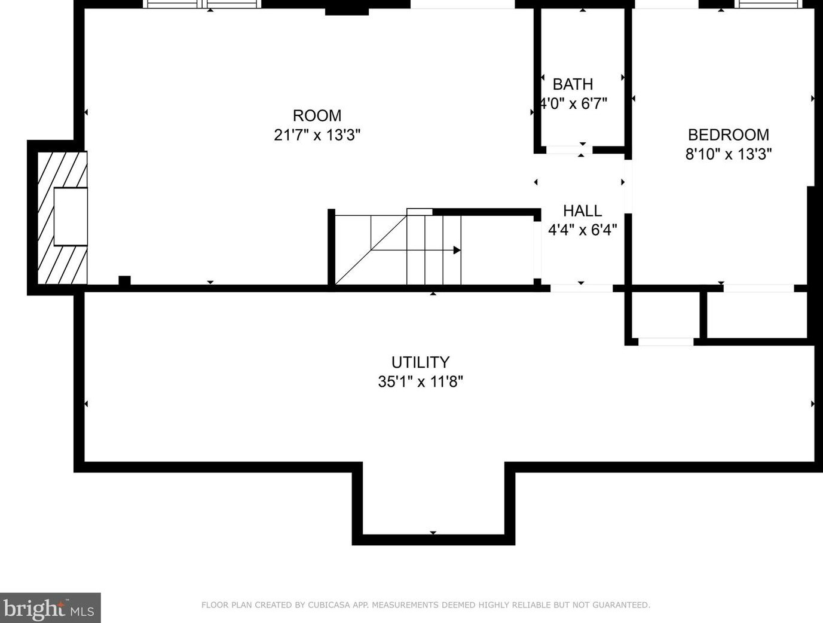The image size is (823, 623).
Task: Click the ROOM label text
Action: (317, 115)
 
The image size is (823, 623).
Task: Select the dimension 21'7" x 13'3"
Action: (317, 135)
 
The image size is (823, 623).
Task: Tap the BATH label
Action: (573, 84)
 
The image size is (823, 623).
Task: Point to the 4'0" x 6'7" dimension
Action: (573, 103)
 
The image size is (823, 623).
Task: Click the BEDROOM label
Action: (728, 135)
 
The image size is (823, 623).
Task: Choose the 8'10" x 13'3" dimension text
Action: (728, 154)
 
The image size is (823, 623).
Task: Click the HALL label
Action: (582, 211)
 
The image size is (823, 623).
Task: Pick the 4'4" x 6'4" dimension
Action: (582, 230)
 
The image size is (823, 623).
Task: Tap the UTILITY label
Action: (420, 362)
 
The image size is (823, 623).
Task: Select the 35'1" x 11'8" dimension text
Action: (420, 382)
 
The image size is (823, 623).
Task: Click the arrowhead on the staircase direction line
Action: (457, 250)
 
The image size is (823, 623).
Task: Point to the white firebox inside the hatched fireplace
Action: (71, 217)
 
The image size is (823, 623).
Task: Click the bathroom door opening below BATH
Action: (569, 150)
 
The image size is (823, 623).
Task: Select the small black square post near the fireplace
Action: (124, 280)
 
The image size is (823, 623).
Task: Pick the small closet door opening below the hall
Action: (666, 342)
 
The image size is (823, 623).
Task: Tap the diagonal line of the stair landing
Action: (371, 250)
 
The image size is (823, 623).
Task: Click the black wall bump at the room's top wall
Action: (347, 11)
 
